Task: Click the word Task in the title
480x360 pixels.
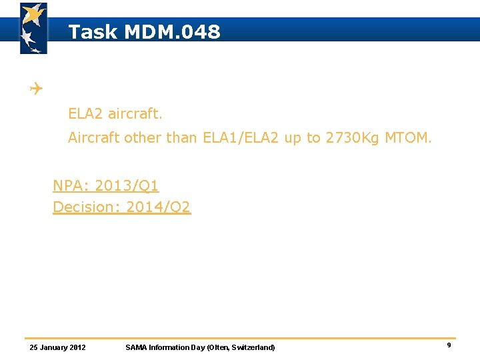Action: (93, 31)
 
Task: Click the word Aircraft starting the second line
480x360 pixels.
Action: (93, 138)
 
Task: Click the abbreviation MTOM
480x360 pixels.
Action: (408, 138)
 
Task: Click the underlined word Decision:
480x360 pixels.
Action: (81, 207)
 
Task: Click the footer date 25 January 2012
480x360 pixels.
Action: (58, 347)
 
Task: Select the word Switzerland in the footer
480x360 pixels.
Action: (252, 347)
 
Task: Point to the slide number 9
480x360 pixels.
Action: (449, 345)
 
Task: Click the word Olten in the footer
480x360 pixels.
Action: (219, 347)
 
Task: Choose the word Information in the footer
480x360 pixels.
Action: (169, 347)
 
